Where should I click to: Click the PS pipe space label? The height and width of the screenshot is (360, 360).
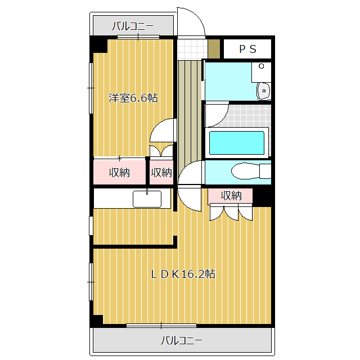click(x=247, y=49)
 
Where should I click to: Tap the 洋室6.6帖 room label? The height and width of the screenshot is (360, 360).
click(x=133, y=98)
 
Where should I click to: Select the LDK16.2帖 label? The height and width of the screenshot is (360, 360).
click(x=183, y=274)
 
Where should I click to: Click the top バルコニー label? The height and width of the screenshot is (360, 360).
click(x=133, y=26)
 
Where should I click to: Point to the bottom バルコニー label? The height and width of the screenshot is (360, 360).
click(x=182, y=340)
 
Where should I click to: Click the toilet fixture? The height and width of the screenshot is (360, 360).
click(x=251, y=171)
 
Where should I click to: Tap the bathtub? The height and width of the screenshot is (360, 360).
click(x=237, y=143)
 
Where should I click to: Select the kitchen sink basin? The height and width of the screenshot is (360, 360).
click(x=147, y=199)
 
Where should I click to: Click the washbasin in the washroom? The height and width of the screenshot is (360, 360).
click(x=264, y=91)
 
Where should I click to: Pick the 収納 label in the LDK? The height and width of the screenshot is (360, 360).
click(x=231, y=196)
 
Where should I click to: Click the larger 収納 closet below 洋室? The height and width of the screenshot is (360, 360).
click(x=119, y=172)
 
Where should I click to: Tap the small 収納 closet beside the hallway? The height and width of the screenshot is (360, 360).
click(x=161, y=172)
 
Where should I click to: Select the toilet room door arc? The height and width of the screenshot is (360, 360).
click(x=184, y=167)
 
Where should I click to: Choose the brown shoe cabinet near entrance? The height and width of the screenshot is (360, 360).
click(x=214, y=49)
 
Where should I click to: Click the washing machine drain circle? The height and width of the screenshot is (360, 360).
click(x=261, y=66)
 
